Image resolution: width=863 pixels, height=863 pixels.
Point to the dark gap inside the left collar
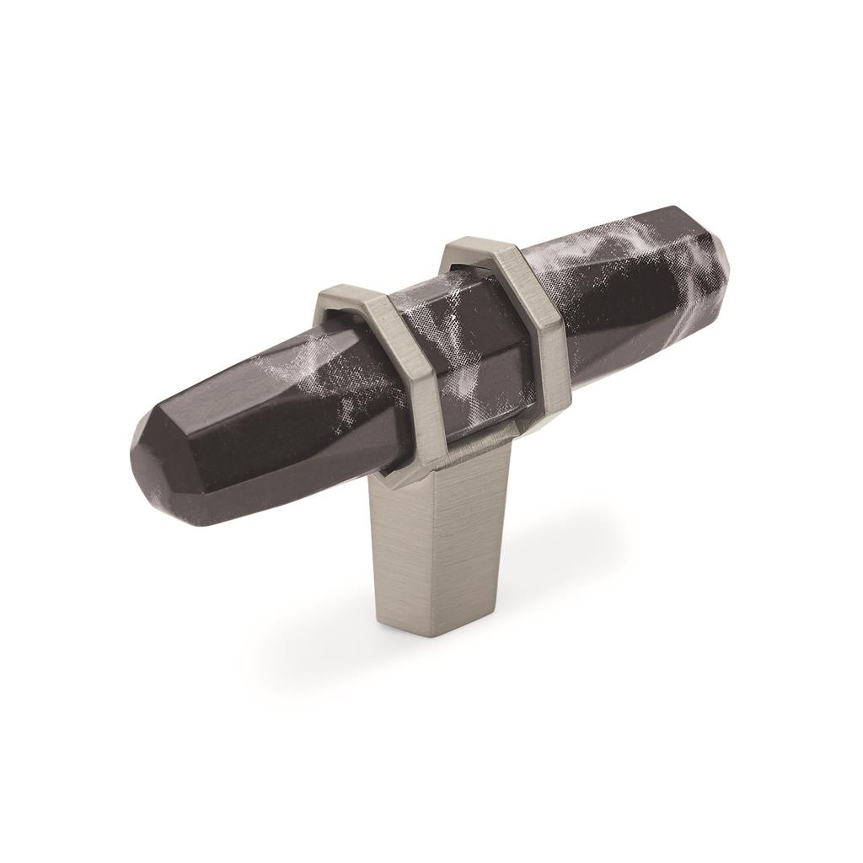click(337, 320)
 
